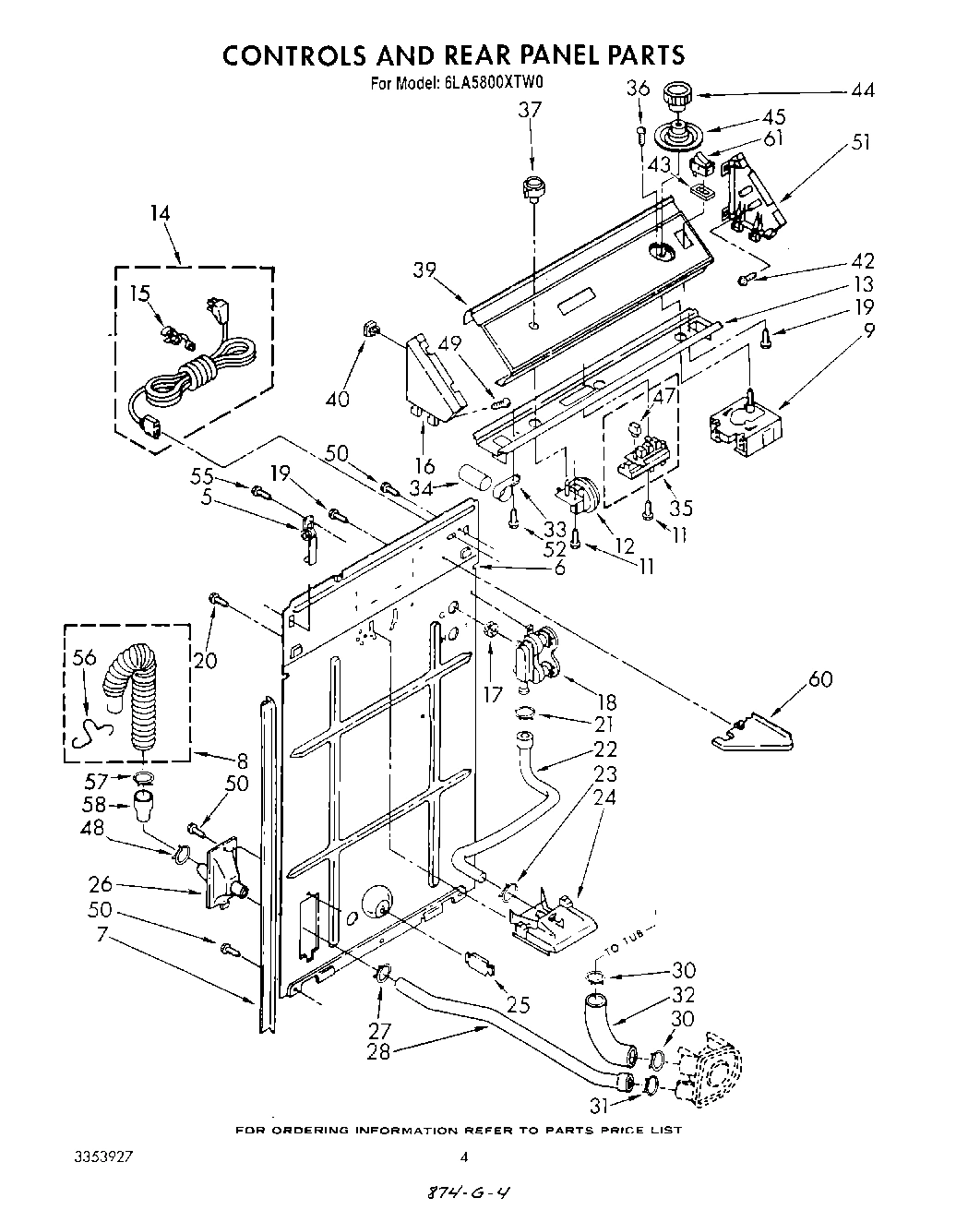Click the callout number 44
(863, 90)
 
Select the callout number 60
(819, 679)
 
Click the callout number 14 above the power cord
(160, 213)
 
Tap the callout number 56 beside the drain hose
(84, 657)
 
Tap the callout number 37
(530, 110)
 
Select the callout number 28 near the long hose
(379, 1051)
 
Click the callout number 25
(519, 1004)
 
